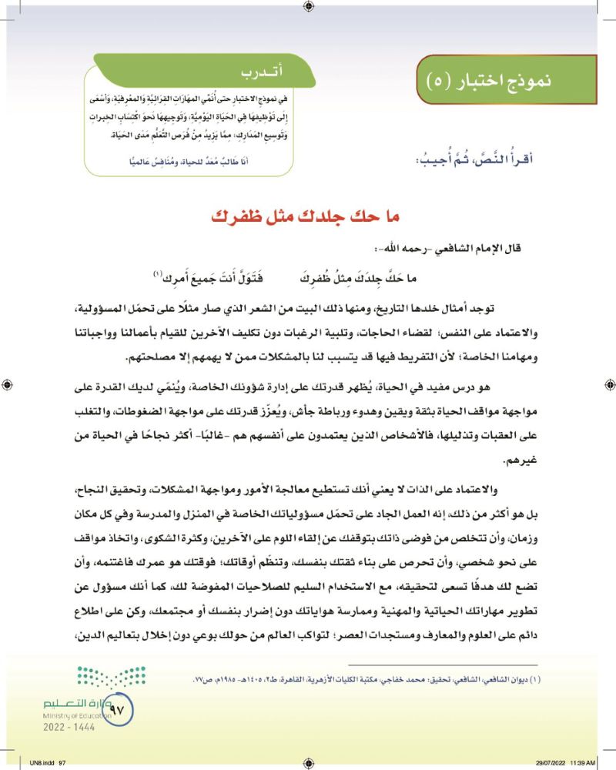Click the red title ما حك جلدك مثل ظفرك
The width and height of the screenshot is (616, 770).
[307, 215]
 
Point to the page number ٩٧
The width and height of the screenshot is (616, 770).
[122, 702]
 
